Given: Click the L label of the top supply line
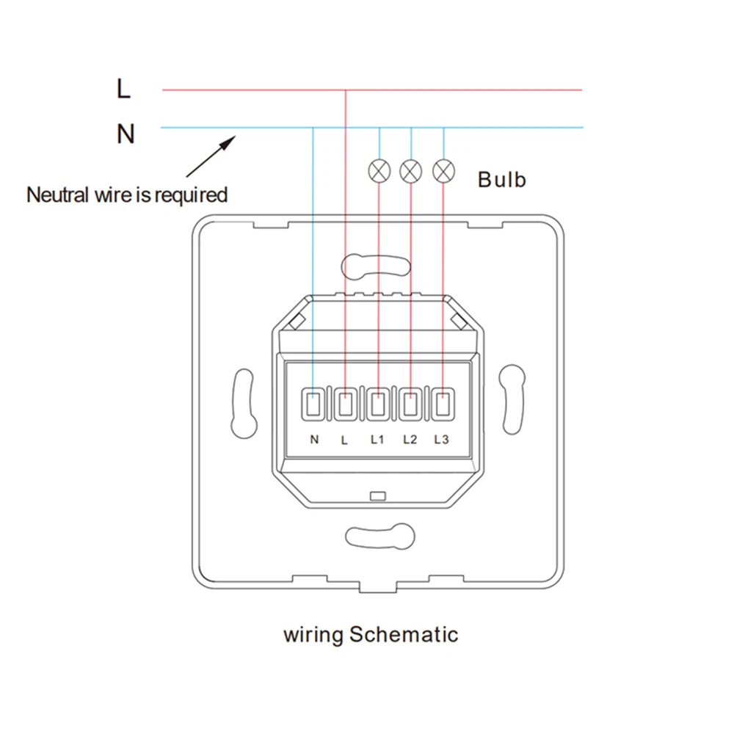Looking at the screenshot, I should tap(123, 89).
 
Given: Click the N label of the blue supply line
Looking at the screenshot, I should tap(126, 134).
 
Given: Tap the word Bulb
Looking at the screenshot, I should tap(502, 180).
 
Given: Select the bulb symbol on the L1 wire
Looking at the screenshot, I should tap(379, 171).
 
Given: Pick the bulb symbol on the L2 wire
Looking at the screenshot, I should tap(411, 171).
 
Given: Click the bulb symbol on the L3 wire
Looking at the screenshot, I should tap(443, 171).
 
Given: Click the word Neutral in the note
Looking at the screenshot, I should tap(58, 195).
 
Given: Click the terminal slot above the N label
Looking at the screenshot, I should tap(313, 404).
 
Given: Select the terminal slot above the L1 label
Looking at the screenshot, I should tap(378, 404).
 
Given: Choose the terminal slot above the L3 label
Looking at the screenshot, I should tap(442, 404).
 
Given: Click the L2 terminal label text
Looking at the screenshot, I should tap(410, 440).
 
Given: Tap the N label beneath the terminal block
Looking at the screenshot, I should tap(314, 440).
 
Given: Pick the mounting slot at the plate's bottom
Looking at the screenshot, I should tap(378, 535).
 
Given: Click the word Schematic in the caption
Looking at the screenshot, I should tap(403, 634).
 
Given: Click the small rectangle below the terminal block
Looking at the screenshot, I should tap(379, 496).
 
